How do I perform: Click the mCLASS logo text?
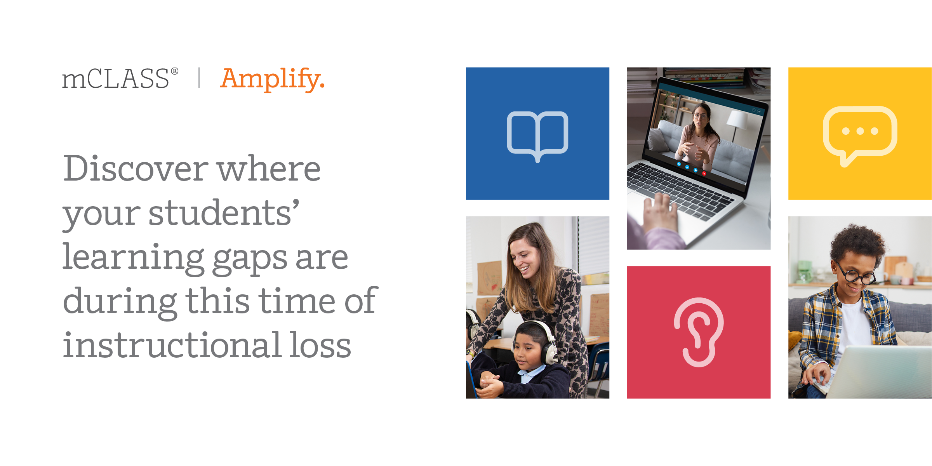point(115,79)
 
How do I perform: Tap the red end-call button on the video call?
point(704,174)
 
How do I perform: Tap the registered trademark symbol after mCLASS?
point(175,71)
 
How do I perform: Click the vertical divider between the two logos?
point(199,78)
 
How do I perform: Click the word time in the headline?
point(297,301)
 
